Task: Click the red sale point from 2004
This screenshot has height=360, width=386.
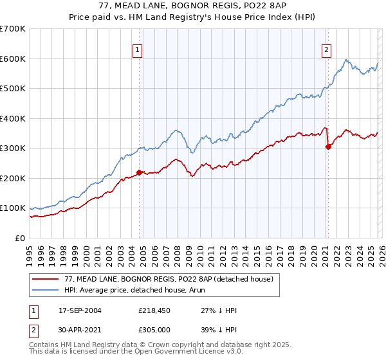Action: pos(139,172)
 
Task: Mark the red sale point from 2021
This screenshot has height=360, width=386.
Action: pos(328,147)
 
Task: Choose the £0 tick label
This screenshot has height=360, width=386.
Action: pos(21,238)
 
